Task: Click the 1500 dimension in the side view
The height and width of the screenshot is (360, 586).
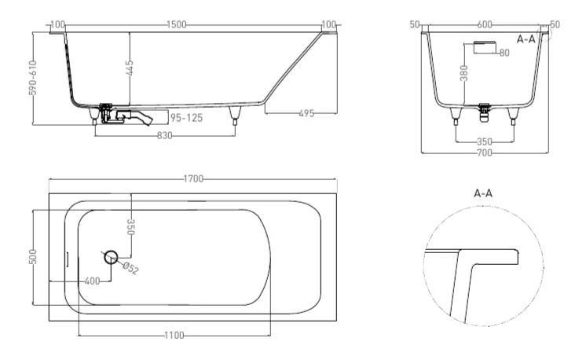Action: pos(177,24)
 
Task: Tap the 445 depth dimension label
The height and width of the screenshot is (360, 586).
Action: pos(130,68)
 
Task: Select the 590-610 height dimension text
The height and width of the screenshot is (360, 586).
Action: pos(32,77)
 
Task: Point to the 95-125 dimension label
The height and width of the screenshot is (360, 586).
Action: pos(186,118)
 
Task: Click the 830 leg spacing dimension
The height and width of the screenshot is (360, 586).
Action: pos(164,135)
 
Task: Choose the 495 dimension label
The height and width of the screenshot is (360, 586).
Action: pos(306,113)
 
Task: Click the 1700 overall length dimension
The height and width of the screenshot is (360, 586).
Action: pos(193,179)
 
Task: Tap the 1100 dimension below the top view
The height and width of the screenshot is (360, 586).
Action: pos(174,336)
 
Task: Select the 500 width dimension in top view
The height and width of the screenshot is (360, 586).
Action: pos(32,257)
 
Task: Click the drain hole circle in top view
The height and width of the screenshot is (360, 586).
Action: pos(111,257)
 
